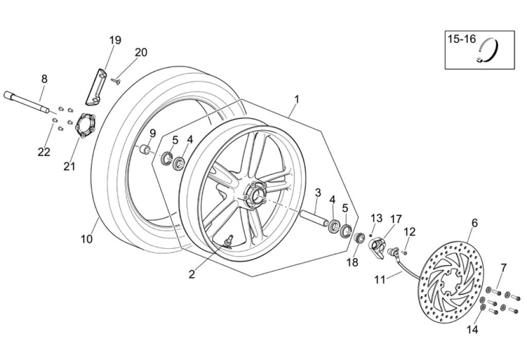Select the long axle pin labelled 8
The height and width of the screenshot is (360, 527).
coord(26,101)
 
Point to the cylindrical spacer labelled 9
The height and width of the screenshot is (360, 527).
coord(145,149)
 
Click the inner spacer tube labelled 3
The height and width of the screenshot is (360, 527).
coord(314,218)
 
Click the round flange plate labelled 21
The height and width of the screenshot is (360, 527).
coord(85,126)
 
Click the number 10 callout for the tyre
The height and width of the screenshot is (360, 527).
coord(86,239)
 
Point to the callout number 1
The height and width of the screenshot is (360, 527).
coord(296,99)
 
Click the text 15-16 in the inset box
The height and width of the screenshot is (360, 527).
coord(462,39)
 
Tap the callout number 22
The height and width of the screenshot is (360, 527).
coord(44,152)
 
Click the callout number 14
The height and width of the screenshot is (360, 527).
coord(472,330)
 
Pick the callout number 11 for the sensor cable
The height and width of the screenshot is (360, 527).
coord(380,280)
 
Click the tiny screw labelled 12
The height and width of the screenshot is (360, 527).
coord(405,252)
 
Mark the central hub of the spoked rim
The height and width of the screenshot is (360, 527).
coord(255,196)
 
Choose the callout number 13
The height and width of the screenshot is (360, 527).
coord(376,218)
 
